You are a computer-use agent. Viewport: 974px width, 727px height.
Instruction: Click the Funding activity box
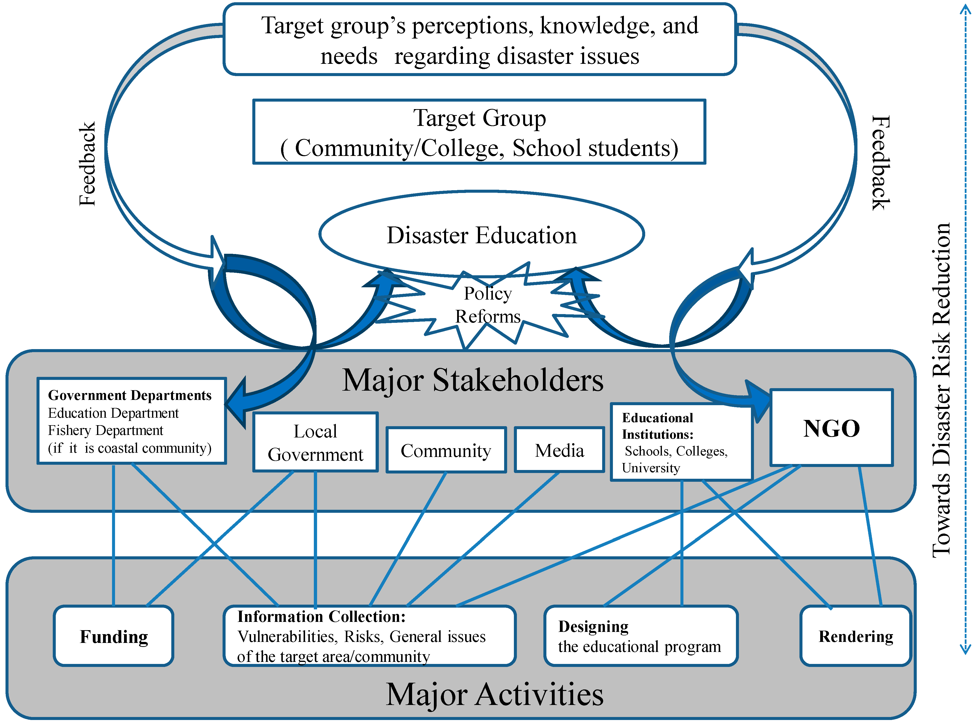(x=114, y=636)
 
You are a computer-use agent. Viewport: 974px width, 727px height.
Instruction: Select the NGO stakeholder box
(x=831, y=428)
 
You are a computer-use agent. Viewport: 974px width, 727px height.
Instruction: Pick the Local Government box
(x=315, y=442)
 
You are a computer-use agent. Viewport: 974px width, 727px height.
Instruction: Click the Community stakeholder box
(x=446, y=450)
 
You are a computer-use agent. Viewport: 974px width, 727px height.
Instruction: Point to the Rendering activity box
(x=855, y=636)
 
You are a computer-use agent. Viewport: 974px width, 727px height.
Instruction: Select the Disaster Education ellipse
(x=482, y=234)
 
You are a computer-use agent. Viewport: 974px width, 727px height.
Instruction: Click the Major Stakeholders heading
(x=473, y=380)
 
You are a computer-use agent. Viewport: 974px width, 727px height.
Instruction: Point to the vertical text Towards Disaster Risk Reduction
(x=941, y=390)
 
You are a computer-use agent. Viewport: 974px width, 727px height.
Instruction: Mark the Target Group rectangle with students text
(x=479, y=132)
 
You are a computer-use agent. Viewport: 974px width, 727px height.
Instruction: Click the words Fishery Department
(x=106, y=430)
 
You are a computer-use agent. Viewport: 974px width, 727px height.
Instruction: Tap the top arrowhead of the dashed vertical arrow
(x=965, y=9)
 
